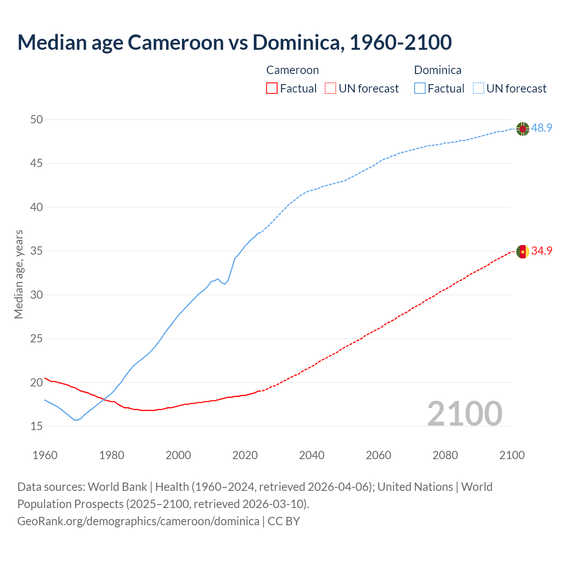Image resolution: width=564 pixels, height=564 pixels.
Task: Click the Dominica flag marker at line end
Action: tap(523, 129)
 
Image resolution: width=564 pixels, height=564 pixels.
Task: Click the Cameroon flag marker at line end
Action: tap(523, 251)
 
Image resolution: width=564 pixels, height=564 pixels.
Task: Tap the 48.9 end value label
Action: tap(542, 128)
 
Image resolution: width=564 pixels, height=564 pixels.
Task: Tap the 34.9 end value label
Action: tap(542, 251)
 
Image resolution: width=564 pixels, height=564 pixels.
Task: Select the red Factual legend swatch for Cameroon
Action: tap(272, 89)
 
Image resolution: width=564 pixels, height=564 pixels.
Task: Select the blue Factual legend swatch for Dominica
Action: tap(419, 89)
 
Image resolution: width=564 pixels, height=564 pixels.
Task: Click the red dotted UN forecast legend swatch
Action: tap(330, 89)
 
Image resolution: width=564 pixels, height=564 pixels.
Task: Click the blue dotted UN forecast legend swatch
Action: tap(478, 89)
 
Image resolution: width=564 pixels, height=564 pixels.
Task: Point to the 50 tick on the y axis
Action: tap(37, 119)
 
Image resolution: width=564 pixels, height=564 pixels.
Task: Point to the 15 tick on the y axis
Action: tap(37, 426)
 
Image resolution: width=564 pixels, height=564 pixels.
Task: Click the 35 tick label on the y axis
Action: tap(37, 251)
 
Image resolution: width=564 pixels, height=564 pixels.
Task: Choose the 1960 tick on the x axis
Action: tap(45, 455)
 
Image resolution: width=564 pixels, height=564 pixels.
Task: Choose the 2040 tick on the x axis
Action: tap(312, 455)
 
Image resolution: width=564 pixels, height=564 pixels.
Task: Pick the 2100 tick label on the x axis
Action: tap(512, 455)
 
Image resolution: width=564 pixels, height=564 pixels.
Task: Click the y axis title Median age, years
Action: tap(19, 274)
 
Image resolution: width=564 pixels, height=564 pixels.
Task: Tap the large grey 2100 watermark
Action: tap(464, 413)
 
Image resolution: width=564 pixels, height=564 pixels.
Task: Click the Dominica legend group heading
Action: tap(438, 70)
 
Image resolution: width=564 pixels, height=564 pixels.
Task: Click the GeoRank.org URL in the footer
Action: tap(138, 521)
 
